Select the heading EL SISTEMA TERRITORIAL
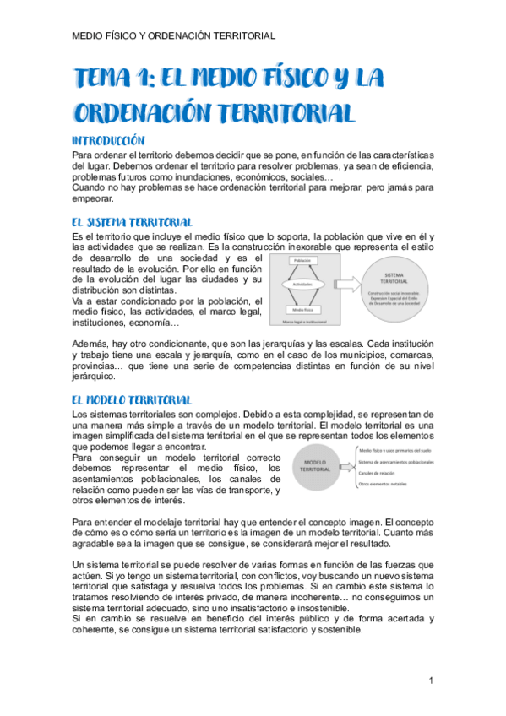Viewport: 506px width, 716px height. [133, 222]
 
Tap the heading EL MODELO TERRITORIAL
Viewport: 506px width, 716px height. [132, 399]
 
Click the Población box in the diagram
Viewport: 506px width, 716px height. [302, 262]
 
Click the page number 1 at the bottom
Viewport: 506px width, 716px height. [431, 681]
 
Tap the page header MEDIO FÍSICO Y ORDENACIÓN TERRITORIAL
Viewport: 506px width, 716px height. [174, 35]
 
